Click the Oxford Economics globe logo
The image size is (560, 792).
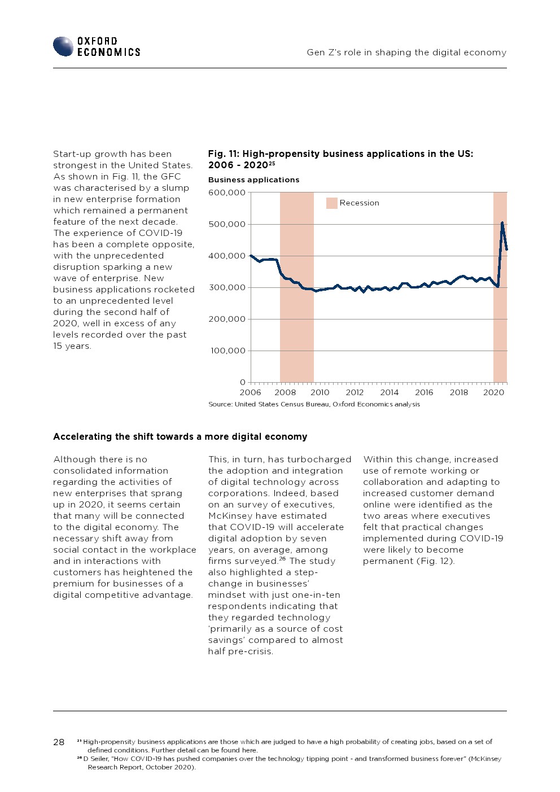63,46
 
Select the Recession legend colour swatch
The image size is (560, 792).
331,203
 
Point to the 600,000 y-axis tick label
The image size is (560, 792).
227,192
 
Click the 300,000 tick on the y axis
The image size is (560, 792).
227,287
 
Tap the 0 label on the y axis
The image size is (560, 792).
242,382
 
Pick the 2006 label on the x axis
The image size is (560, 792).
251,392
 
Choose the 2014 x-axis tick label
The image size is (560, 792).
390,392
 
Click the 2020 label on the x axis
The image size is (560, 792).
493,392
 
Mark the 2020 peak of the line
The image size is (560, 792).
502,223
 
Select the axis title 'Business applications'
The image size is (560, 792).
253,180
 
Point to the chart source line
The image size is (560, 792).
314,404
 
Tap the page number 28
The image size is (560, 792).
59,742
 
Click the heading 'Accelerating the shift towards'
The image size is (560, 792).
180,436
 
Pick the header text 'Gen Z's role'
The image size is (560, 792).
406,52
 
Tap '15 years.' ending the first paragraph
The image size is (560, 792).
72,346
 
